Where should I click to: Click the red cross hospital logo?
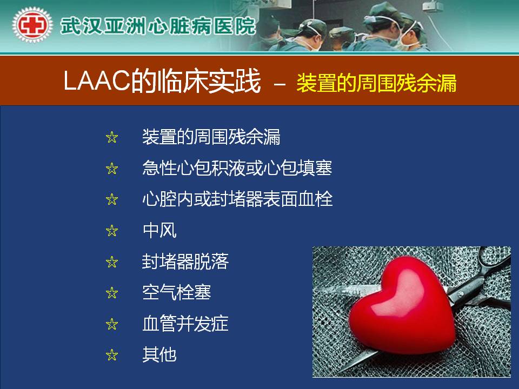(x=32, y=25)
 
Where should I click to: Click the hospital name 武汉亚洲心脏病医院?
(x=158, y=26)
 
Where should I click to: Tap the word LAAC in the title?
(x=96, y=81)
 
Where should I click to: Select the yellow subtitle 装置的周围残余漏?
(x=377, y=83)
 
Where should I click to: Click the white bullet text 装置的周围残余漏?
(x=211, y=137)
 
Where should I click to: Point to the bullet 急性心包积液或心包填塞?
(x=237, y=167)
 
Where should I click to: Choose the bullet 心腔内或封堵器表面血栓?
(x=237, y=199)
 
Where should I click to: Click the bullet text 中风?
(x=159, y=230)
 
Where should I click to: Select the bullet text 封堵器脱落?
(x=185, y=261)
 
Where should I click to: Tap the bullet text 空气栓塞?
(x=177, y=292)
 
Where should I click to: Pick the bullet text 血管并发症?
(x=185, y=324)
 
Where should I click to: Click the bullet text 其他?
(x=159, y=354)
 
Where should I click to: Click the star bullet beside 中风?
(x=112, y=231)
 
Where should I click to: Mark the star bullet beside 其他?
(x=112, y=355)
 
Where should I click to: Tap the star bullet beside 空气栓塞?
(x=112, y=293)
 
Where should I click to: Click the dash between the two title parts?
(x=280, y=84)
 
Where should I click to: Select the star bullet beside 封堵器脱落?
(x=112, y=262)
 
